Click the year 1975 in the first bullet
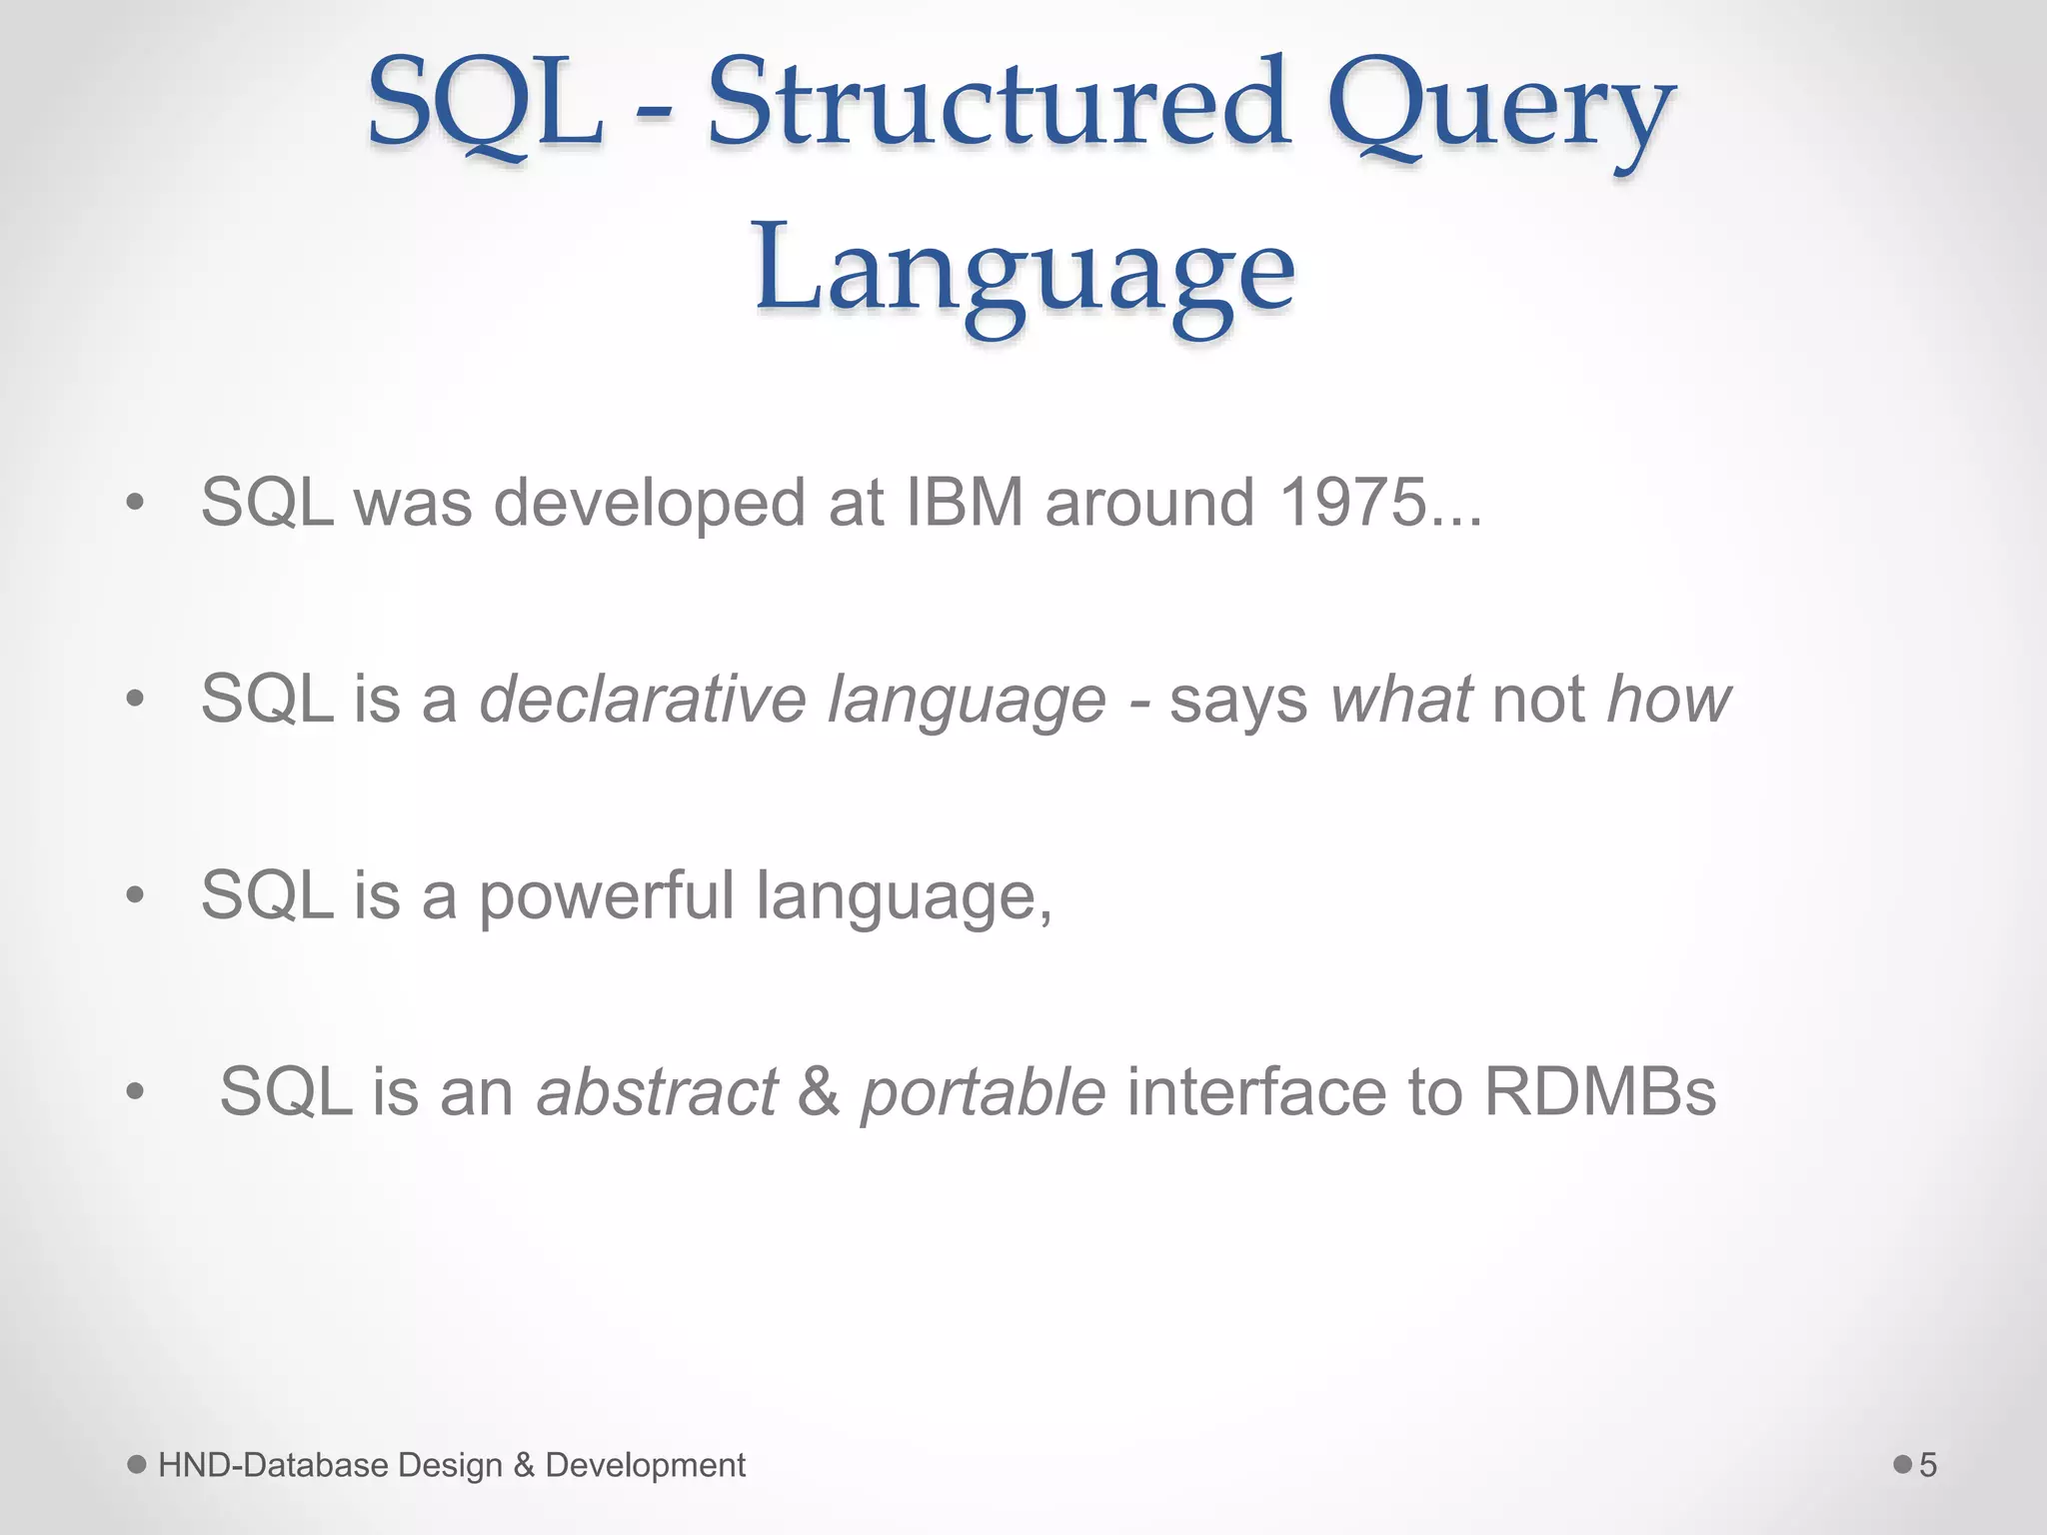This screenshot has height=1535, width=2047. [x=1353, y=502]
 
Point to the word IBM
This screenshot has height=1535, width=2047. [x=965, y=502]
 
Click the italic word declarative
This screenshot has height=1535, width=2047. [x=643, y=699]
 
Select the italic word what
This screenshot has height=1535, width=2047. [x=1400, y=699]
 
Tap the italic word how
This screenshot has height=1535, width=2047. [x=1668, y=699]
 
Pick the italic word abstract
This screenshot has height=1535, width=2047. [x=657, y=1091]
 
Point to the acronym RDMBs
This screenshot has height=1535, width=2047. [x=1600, y=1091]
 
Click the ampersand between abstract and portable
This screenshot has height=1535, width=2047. [x=819, y=1091]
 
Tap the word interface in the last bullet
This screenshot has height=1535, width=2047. [x=1255, y=1091]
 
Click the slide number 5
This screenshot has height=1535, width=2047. [x=1928, y=1465]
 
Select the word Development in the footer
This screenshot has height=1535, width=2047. [x=645, y=1465]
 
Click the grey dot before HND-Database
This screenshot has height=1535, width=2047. [x=138, y=1464]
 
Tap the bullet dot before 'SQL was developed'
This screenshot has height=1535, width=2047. [x=135, y=503]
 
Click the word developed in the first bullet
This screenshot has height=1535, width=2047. [x=650, y=504]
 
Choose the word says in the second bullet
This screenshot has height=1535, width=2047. [x=1237, y=701]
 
